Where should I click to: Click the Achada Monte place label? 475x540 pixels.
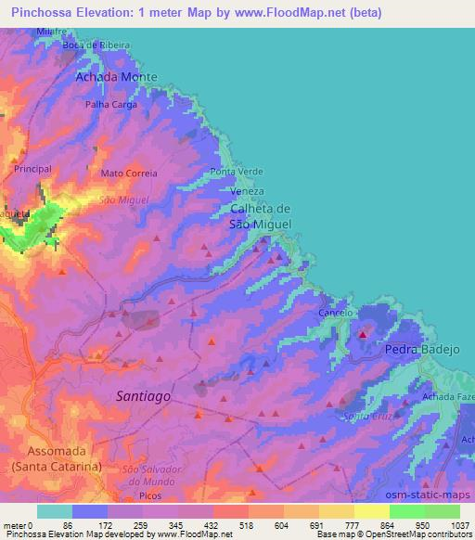(116, 77)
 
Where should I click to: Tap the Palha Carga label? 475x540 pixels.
(111, 104)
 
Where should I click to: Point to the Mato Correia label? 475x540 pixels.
(129, 173)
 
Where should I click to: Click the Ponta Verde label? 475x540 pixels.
(237, 172)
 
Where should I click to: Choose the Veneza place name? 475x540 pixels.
(241, 191)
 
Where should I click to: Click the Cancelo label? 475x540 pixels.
(334, 314)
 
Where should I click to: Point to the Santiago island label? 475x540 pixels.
(144, 395)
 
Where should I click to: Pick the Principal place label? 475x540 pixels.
(32, 169)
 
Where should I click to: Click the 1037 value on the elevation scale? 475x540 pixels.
(458, 525)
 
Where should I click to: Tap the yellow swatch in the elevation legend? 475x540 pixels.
(371, 511)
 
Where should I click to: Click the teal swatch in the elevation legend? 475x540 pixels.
(54, 511)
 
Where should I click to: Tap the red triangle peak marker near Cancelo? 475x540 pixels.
(363, 334)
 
